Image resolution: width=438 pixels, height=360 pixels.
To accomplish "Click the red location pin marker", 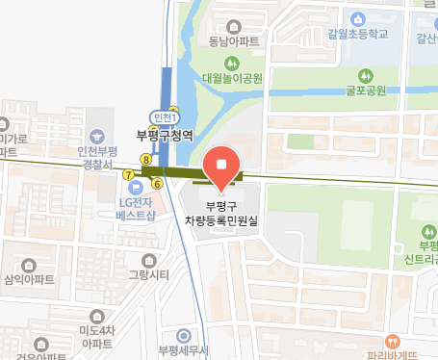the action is (x=223, y=166).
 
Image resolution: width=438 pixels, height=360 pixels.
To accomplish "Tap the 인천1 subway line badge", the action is (x=166, y=117).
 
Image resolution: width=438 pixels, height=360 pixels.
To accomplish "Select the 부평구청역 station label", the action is (x=166, y=136).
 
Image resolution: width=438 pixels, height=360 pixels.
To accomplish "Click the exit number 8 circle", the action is (x=145, y=159).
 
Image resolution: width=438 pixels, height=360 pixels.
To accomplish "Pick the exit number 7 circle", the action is (x=128, y=174).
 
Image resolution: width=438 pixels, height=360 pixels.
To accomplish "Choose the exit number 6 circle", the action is (x=158, y=183).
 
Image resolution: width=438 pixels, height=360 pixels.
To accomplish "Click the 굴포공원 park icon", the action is (x=365, y=75).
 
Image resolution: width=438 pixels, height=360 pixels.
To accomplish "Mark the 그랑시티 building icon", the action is (x=148, y=260).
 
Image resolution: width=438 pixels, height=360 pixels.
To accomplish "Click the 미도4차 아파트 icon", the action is (x=96, y=317).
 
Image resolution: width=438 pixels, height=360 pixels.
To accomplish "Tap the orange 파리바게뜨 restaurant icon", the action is (x=393, y=340).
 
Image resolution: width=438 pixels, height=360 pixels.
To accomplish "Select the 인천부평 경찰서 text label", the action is (x=96, y=157).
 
